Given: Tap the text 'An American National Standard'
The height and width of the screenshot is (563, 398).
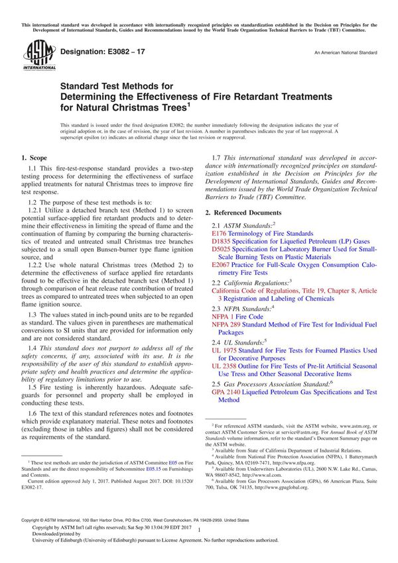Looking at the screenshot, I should point(345,52).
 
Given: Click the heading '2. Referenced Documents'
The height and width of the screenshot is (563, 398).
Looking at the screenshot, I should point(243,213).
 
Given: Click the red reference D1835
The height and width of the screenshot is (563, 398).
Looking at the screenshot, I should point(222,242).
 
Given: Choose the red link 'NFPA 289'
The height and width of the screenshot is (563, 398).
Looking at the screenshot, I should point(229,325).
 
